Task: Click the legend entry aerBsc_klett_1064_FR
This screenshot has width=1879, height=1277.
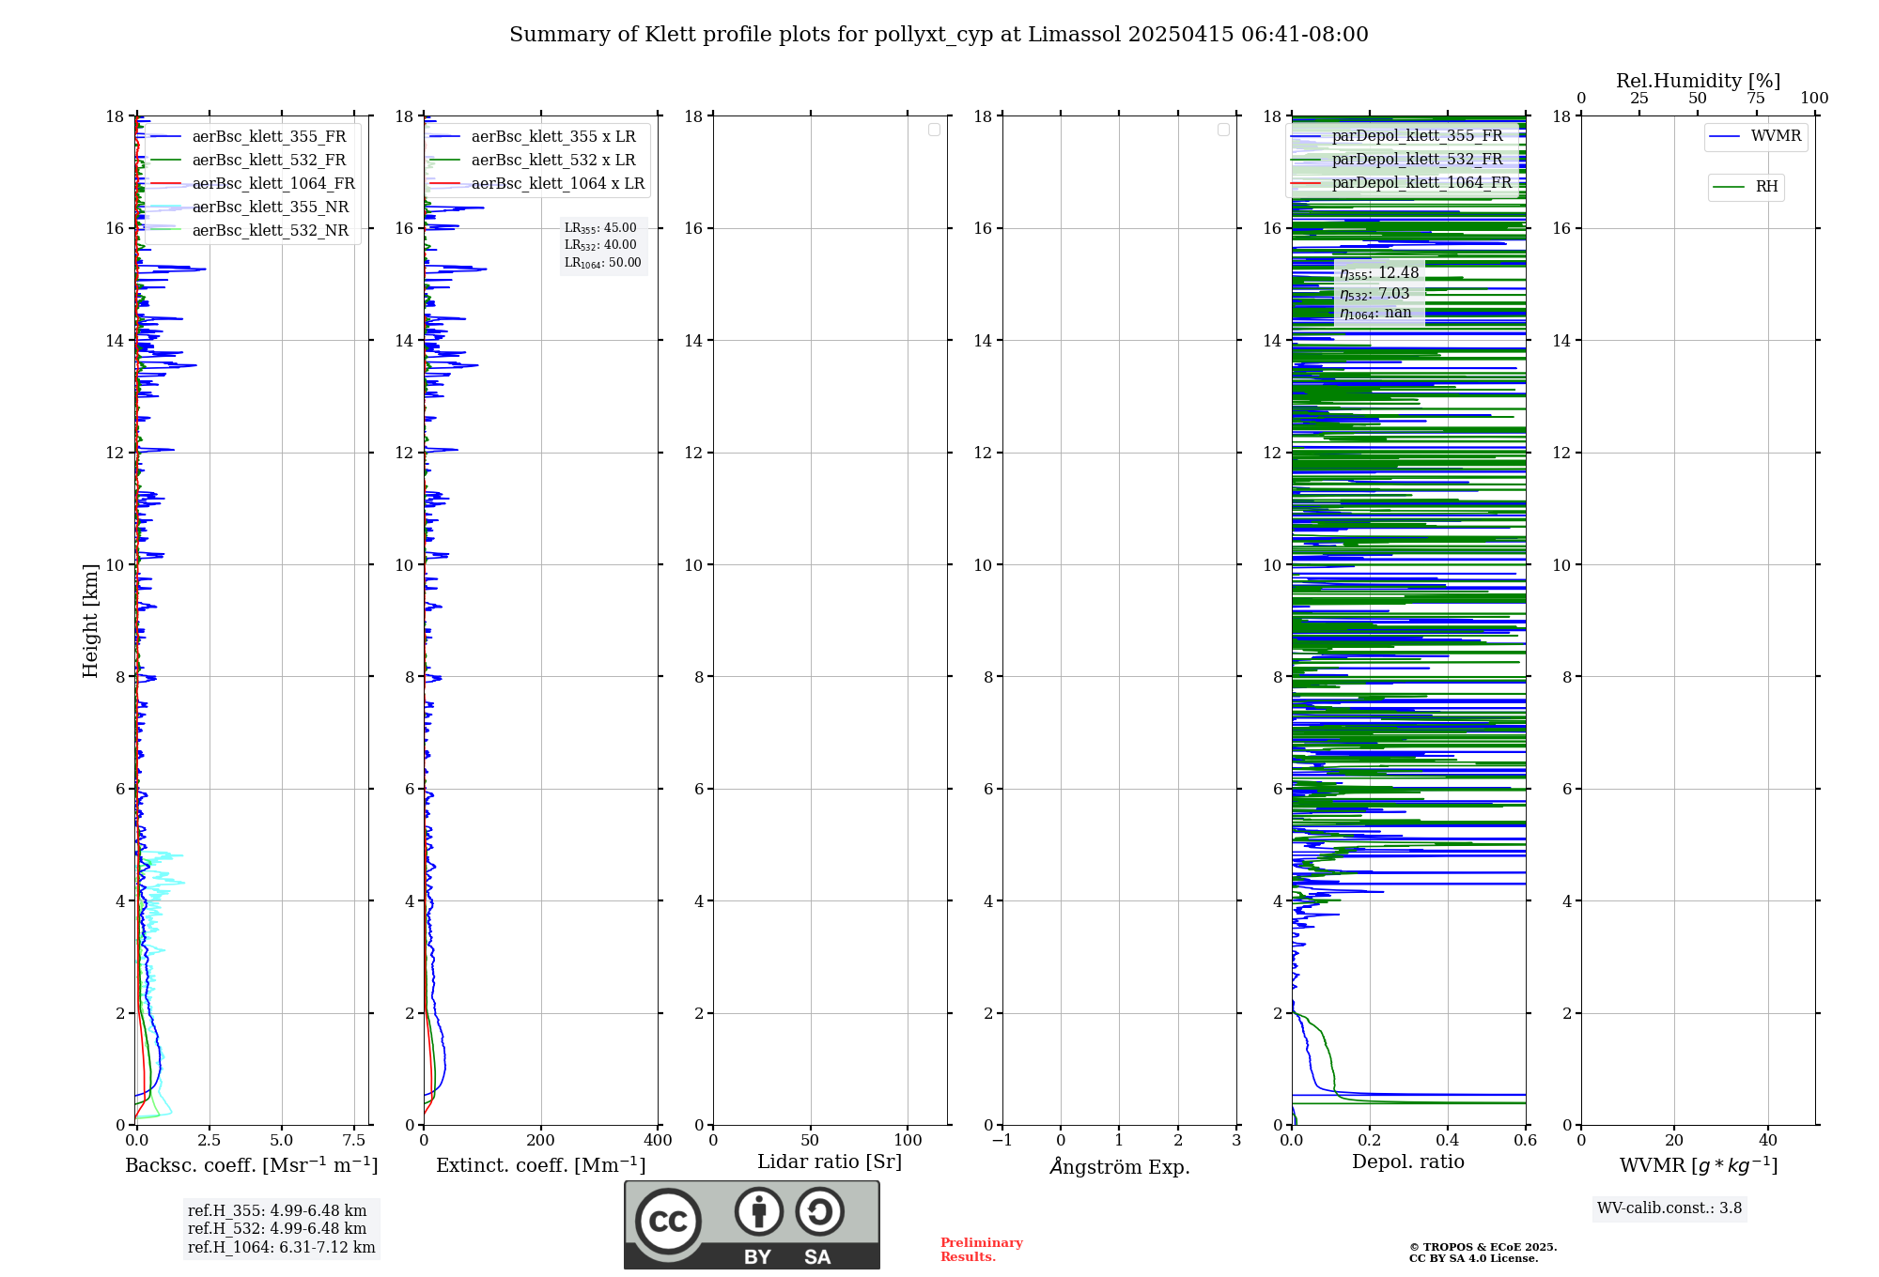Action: (x=273, y=184)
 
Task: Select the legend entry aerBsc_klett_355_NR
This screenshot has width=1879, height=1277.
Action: (x=270, y=208)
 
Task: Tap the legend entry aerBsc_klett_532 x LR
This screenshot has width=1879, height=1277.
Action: (x=552, y=161)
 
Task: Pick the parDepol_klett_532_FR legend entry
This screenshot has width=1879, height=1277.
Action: (x=1417, y=160)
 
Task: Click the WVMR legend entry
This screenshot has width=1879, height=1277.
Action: (x=1776, y=136)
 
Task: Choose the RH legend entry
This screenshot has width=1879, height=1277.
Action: (x=1766, y=187)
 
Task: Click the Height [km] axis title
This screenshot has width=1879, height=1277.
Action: (x=90, y=621)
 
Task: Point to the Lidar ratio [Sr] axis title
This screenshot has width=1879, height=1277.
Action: (x=830, y=1162)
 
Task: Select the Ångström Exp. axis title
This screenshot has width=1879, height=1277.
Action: (x=1119, y=1167)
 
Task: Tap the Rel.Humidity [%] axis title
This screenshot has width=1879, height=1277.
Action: (x=1698, y=81)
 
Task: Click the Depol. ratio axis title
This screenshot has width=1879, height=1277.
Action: (x=1407, y=1162)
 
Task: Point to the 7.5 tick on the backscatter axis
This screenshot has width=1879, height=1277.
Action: (x=353, y=1141)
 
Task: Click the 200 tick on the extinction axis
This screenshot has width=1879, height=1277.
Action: (x=541, y=1141)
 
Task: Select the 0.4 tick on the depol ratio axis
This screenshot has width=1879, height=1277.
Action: (x=1447, y=1141)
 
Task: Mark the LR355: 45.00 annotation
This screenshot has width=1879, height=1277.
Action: (x=600, y=228)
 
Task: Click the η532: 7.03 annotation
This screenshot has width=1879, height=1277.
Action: (x=1374, y=294)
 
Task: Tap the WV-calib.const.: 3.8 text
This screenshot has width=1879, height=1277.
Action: (x=1669, y=1208)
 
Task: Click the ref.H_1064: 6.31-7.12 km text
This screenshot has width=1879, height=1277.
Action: (x=281, y=1248)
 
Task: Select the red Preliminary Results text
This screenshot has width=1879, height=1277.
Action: (x=981, y=1250)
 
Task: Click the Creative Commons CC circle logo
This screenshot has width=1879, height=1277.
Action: (x=668, y=1222)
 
